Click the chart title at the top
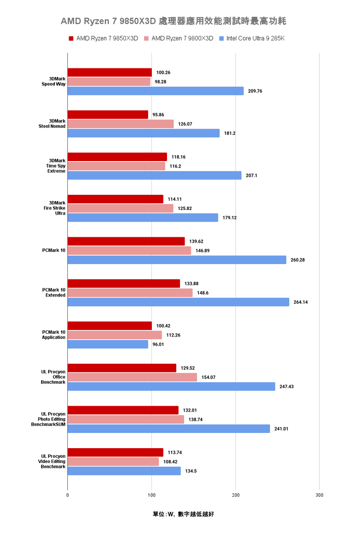[x=180, y=21]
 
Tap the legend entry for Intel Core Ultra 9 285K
[x=252, y=38]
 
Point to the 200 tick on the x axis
[x=235, y=495]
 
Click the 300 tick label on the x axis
[x=319, y=495]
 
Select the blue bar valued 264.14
[x=178, y=302]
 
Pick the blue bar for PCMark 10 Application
[x=108, y=344]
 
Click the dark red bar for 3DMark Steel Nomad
[x=108, y=114]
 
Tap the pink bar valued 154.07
[x=132, y=377]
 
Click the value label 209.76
[x=255, y=91]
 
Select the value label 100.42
[x=163, y=326]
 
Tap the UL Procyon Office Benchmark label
[x=53, y=377]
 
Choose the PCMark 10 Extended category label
[x=54, y=293]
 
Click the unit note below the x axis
[x=183, y=514]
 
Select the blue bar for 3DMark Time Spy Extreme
[x=154, y=175]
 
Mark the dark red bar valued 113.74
[x=115, y=452]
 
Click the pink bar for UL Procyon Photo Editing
[x=126, y=420]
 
